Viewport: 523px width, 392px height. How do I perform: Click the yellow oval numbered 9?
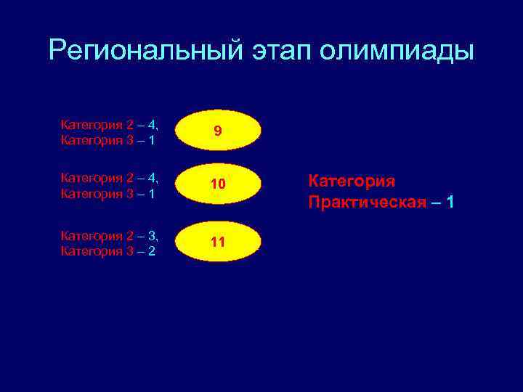pos(218,131)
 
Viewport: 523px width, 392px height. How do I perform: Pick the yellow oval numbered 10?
pos(218,185)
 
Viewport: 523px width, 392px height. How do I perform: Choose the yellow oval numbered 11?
pos(218,242)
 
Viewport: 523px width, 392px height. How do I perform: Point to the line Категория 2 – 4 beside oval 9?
pos(109,125)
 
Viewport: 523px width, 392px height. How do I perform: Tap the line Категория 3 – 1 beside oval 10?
pos(107,194)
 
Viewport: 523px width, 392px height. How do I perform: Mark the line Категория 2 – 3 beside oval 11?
pos(109,236)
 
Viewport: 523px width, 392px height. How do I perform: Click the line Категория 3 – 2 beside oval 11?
pos(107,251)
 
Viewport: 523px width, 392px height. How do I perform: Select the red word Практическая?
pos(367,202)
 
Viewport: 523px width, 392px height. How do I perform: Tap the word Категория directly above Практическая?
pos(352,181)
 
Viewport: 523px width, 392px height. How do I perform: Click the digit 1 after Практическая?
pos(451,202)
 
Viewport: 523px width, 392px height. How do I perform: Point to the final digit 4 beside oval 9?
pos(151,125)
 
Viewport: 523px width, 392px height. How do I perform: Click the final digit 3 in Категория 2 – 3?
pos(151,236)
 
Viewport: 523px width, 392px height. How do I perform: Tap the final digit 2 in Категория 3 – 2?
pos(150,251)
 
